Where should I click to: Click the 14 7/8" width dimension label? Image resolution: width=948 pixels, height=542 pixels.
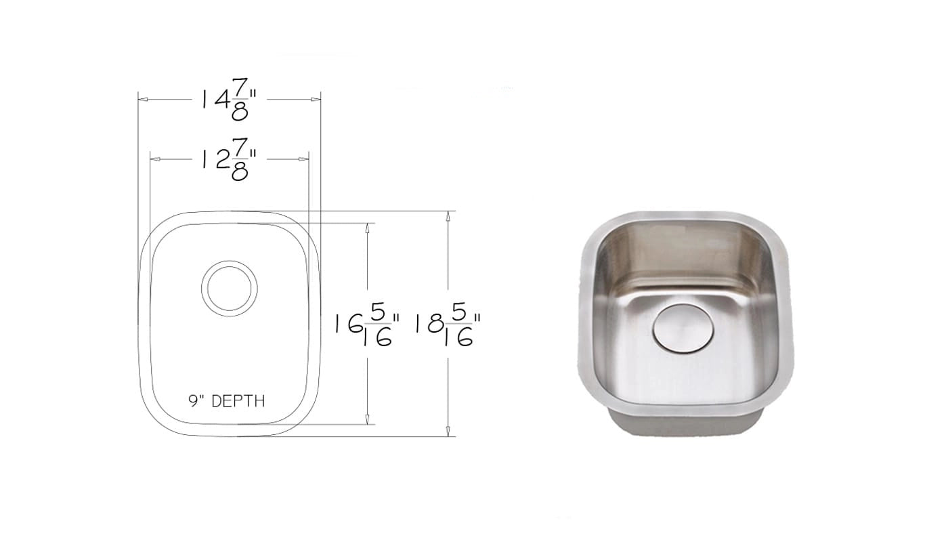point(229,100)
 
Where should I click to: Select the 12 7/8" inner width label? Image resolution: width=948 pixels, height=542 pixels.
point(229,160)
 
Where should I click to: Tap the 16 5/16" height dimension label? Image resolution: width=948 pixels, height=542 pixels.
point(367,325)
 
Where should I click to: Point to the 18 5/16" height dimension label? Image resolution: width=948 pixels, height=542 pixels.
point(448,325)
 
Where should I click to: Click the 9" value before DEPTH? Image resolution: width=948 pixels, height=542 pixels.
point(196,401)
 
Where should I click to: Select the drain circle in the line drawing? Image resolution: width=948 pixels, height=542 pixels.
point(230,261)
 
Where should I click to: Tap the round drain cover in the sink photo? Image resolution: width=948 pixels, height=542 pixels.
point(683,329)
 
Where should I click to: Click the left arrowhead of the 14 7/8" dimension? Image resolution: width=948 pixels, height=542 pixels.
point(143,100)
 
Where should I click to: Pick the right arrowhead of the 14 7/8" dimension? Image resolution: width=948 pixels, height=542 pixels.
point(316,100)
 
